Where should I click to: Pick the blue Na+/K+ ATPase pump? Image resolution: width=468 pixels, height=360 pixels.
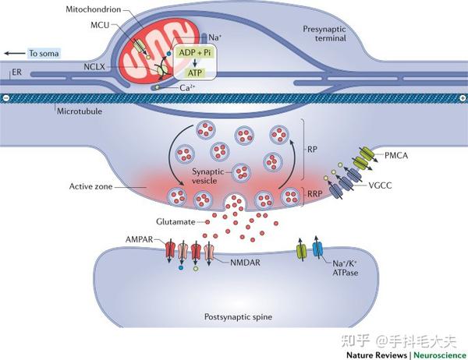point(317,250)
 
